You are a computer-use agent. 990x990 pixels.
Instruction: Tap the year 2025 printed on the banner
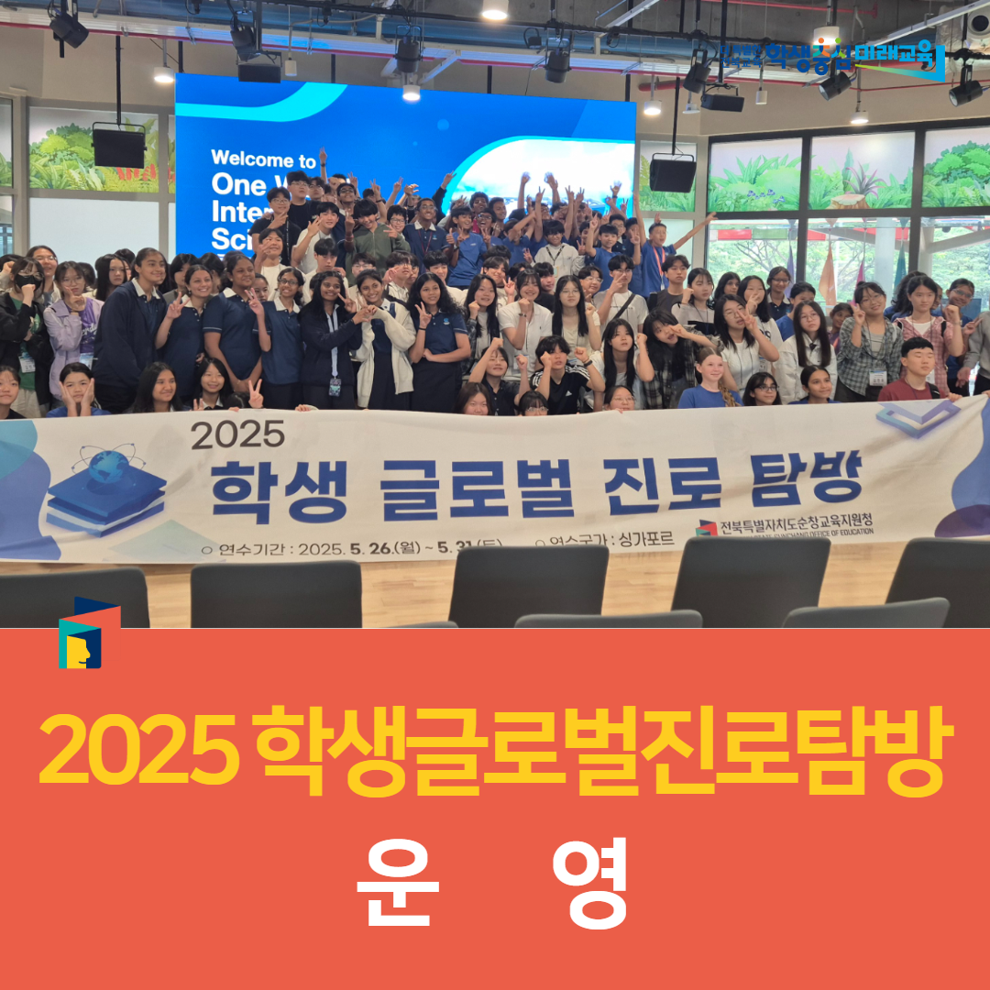click(x=237, y=434)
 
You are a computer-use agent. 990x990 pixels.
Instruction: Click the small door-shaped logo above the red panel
click(x=89, y=633)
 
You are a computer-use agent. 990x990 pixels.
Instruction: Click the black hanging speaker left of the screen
click(x=118, y=147)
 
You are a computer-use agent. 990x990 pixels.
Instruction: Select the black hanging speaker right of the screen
click(x=672, y=172)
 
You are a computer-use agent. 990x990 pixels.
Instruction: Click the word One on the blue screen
click(x=236, y=184)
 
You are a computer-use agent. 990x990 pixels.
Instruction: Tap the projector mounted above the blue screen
click(x=259, y=71)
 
